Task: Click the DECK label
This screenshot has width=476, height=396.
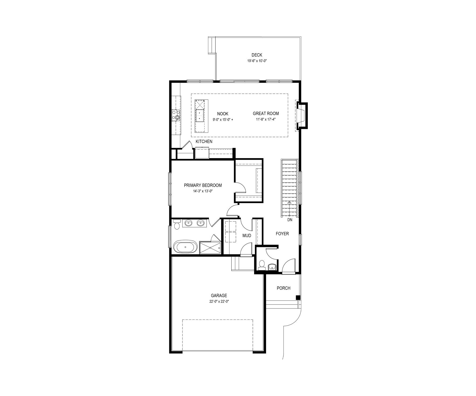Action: coord(257,55)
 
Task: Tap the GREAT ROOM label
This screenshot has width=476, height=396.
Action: coord(266,114)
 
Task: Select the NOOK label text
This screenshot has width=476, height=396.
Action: coord(223,114)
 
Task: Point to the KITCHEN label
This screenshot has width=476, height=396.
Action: coord(204,142)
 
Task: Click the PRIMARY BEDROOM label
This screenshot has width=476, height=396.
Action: coord(203,185)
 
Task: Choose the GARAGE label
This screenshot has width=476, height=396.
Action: coord(219,296)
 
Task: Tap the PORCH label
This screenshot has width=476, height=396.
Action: coord(283,288)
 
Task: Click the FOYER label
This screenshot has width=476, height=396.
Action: coord(282,234)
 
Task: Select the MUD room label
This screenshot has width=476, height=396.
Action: coord(247,236)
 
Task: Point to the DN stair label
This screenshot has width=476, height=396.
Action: coord(290,220)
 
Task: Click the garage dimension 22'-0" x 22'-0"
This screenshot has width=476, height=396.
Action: coord(219,301)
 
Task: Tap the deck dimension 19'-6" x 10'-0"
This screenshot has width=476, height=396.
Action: coord(257,61)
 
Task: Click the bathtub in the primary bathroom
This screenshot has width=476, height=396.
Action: coord(186,247)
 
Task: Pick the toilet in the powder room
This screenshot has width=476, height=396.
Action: coord(262,264)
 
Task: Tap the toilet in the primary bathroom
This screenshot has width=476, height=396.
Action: coord(176,224)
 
